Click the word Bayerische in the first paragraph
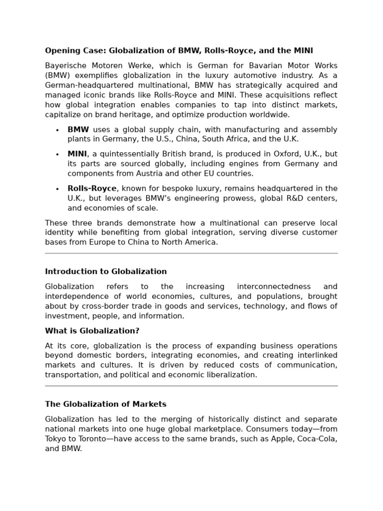coord(63,66)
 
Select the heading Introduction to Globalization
coord(106,272)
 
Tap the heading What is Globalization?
coord(92,331)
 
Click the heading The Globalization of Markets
coord(106,404)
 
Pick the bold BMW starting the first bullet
coord(78,130)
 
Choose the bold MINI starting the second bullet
coord(77,154)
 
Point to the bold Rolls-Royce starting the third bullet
coord(92,189)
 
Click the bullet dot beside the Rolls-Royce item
coord(57,189)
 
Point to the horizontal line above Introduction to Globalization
coord(191,254)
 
